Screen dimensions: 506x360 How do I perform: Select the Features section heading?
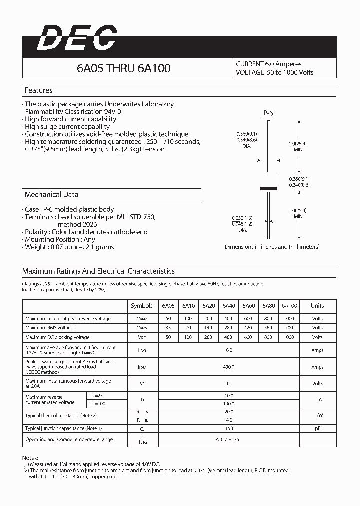point(39,90)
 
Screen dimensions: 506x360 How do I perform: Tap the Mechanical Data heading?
point(51,195)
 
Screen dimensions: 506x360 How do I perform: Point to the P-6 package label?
point(268,113)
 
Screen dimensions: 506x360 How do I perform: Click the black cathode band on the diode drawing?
point(269,188)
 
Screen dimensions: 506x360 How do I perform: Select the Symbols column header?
point(142,306)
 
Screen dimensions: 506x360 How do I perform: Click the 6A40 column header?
point(229,306)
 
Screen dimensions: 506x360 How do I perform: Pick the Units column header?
point(317,306)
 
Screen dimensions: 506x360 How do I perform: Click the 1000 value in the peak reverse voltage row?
point(289,319)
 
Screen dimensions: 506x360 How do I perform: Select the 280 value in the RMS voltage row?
point(229,328)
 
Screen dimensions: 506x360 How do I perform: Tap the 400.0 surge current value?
point(229,367)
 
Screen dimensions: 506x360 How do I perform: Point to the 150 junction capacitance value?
point(229,428)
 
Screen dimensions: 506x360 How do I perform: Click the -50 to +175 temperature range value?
point(229,440)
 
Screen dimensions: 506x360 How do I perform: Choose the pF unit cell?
point(317,428)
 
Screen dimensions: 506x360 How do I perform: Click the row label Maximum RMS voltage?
point(49,328)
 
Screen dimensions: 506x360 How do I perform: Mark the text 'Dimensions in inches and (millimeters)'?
point(272,247)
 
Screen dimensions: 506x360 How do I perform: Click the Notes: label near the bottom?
point(30,458)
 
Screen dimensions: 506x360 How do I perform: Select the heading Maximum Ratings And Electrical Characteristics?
point(98,271)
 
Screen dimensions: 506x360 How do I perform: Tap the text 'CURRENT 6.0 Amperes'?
point(269,64)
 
